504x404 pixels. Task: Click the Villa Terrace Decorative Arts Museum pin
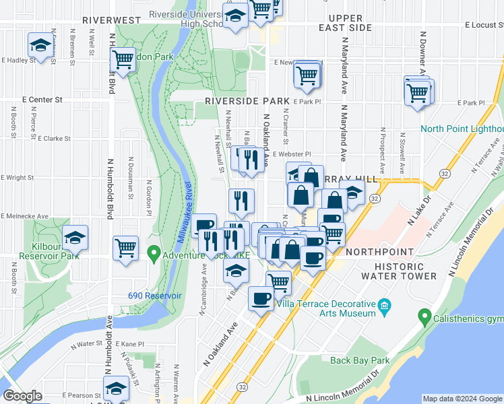tap(385, 306)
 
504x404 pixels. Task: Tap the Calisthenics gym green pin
tap(424, 315)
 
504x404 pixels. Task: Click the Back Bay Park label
tap(360, 361)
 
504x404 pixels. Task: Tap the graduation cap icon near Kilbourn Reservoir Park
tap(75, 238)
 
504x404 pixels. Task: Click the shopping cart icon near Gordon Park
tap(123, 60)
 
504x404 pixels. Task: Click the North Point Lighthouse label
tap(462, 129)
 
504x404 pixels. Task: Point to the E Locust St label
tap(484, 25)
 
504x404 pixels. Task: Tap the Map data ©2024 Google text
tap(462, 399)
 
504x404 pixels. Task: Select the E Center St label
tap(42, 99)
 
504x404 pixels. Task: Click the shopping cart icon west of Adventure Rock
tap(126, 248)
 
